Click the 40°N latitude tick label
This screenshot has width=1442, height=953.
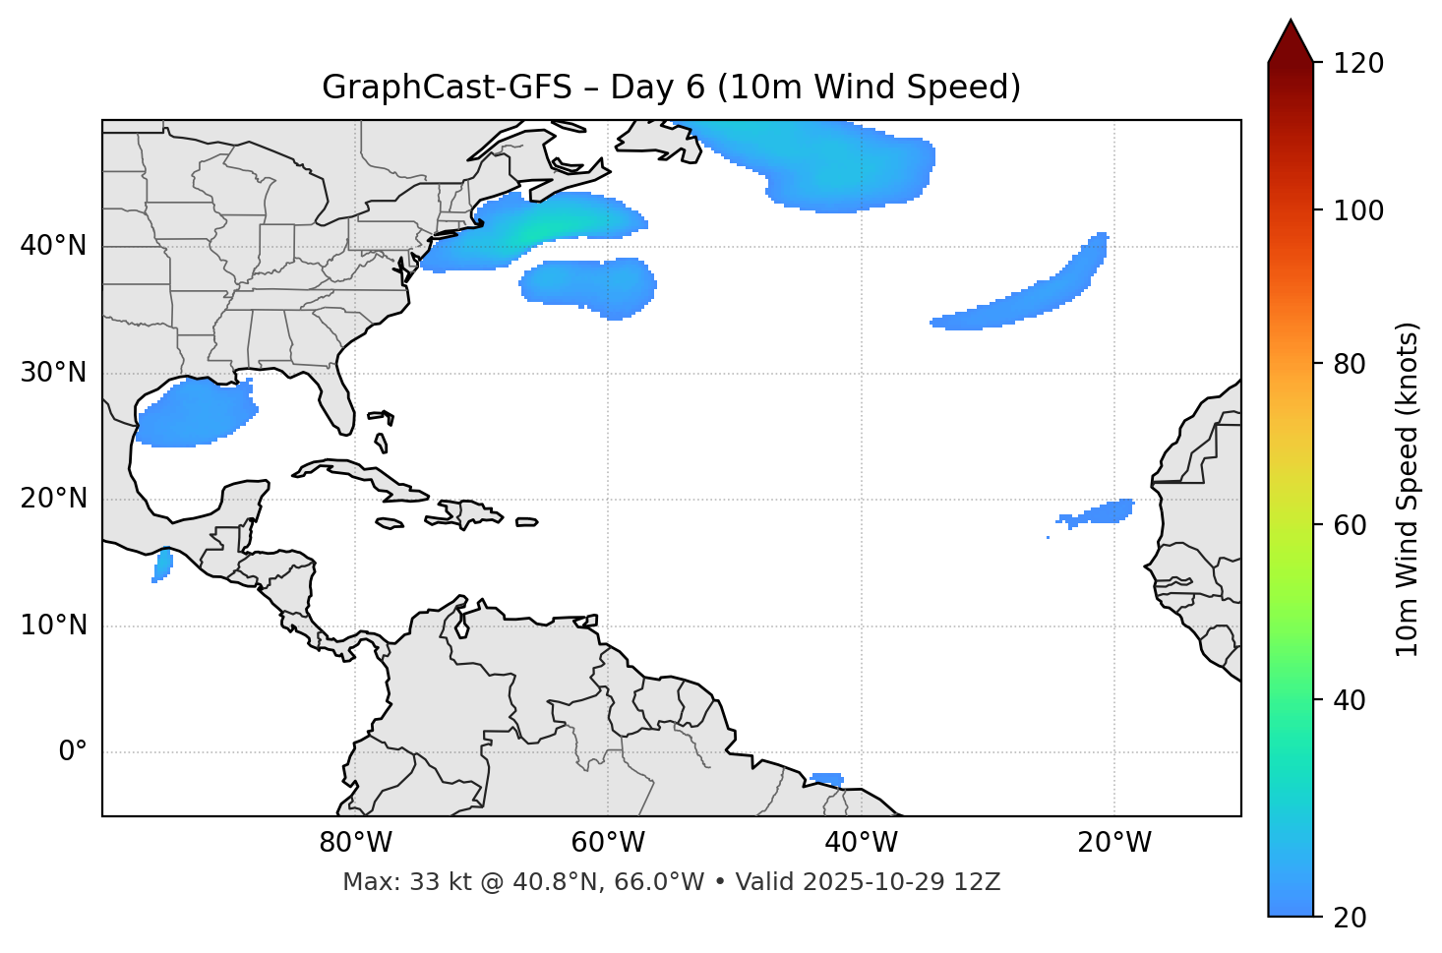[x=53, y=246]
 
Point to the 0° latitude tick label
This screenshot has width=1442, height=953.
[x=72, y=752]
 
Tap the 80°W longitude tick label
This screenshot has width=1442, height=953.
[x=355, y=843]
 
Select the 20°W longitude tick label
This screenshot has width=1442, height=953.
[x=1114, y=843]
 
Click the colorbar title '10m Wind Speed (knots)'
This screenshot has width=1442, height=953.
[x=1408, y=490]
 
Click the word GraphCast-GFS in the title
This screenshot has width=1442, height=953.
[x=447, y=88]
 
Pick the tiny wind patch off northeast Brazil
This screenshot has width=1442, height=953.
[x=826, y=779]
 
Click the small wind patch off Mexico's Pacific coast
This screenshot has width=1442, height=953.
[x=162, y=566]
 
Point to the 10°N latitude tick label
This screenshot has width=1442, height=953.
[x=53, y=625]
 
